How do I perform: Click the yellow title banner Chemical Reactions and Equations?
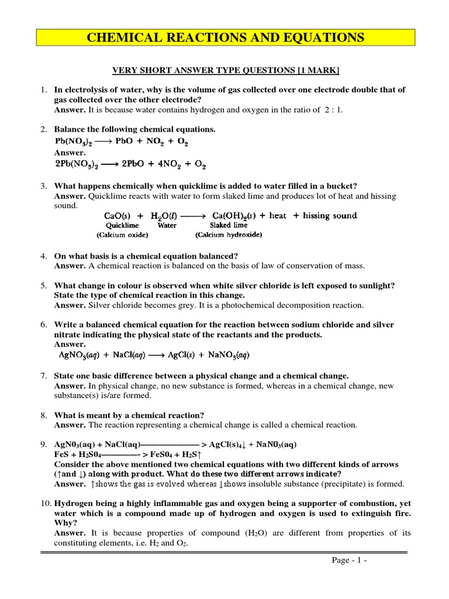click(x=225, y=38)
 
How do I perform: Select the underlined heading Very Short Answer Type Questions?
click(x=225, y=71)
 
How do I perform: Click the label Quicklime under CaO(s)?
click(x=122, y=225)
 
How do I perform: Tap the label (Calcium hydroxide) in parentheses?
click(x=229, y=235)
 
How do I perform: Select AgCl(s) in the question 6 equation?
click(x=187, y=355)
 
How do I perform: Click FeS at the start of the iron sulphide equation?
click(x=61, y=454)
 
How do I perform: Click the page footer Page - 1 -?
click(x=347, y=560)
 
